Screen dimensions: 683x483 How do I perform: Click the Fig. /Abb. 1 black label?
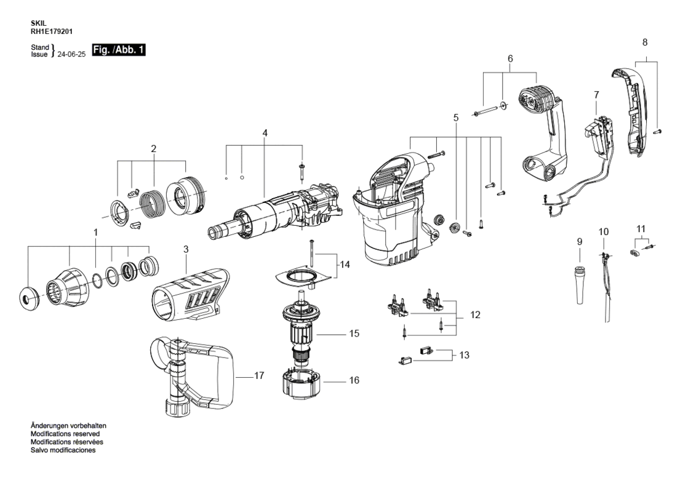(119, 50)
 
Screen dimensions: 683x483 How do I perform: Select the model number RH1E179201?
(52, 31)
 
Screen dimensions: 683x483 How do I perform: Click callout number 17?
(259, 375)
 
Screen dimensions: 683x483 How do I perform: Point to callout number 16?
(354, 380)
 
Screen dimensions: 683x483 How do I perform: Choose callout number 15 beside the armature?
(354, 333)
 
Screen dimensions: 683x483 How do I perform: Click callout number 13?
(465, 355)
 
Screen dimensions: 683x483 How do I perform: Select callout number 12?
(475, 315)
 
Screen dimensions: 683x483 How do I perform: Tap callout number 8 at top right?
(645, 42)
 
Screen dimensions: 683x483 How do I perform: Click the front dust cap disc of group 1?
(30, 299)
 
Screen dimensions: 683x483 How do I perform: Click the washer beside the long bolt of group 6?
(503, 105)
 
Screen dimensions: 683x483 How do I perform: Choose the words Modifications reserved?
(65, 434)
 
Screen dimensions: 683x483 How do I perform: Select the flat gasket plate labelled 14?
(302, 277)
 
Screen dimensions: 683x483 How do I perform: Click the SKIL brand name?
(38, 23)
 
